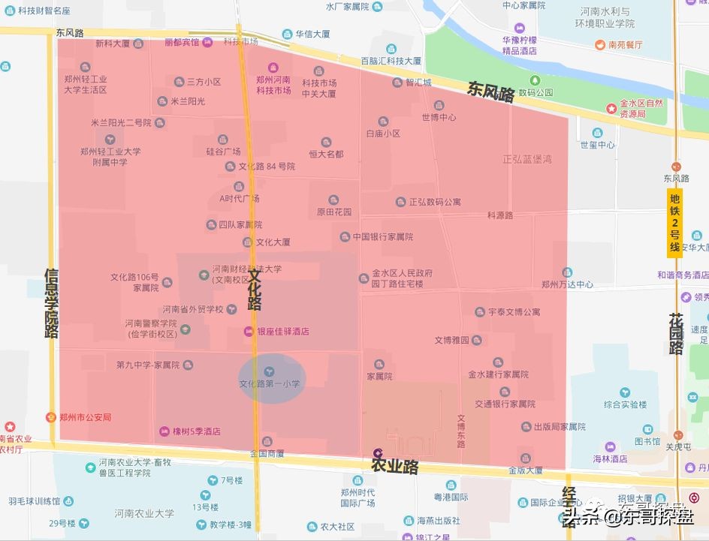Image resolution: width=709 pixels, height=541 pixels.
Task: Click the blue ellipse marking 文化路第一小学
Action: pyautogui.click(x=271, y=377)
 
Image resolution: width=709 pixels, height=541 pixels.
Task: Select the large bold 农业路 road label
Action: pyautogui.click(x=394, y=466)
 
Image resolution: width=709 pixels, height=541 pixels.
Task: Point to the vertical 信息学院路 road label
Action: pyautogui.click(x=51, y=303)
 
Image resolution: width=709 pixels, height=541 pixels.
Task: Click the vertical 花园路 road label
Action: pyautogui.click(x=676, y=334)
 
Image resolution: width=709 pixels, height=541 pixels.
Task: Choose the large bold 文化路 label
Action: pyautogui.click(x=255, y=290)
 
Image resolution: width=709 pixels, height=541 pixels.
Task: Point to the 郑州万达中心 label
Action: pyautogui.click(x=567, y=284)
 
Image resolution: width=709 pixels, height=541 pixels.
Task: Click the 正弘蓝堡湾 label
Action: pyautogui.click(x=527, y=159)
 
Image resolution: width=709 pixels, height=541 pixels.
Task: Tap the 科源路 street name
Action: pyautogui.click(x=499, y=215)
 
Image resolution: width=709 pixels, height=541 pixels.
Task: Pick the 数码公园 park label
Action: pyautogui.click(x=536, y=92)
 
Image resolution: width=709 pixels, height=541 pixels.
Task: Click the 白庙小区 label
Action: pyautogui.click(x=383, y=133)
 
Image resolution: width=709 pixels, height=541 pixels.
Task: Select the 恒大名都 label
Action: pyautogui.click(x=326, y=154)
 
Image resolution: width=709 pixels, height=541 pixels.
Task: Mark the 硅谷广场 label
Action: pyautogui.click(x=223, y=152)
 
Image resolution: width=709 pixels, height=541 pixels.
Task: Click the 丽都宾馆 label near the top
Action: pyautogui.click(x=183, y=42)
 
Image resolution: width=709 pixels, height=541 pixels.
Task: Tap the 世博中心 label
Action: pyautogui.click(x=439, y=117)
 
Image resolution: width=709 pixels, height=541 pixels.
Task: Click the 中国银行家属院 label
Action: pyautogui.click(x=383, y=237)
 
